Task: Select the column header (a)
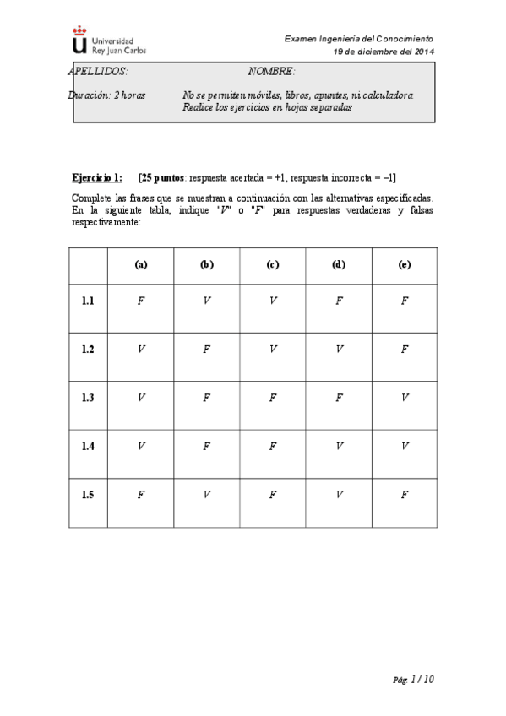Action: [x=140, y=264]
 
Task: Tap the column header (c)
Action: [x=272, y=264]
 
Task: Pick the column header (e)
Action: [x=404, y=264]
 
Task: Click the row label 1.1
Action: [x=88, y=301]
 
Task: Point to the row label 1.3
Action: [x=88, y=398]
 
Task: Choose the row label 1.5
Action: [x=88, y=495]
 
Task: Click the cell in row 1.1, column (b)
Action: [x=206, y=301]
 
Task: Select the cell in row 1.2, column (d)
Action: [x=338, y=349]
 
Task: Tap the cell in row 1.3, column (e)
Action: [x=404, y=398]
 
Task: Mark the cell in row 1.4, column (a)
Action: [x=140, y=446]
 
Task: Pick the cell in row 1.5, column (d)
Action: [x=338, y=495]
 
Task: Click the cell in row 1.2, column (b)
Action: [x=206, y=349]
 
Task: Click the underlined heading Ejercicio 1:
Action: [x=97, y=176]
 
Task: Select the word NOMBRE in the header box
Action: [x=271, y=72]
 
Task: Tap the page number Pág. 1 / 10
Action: [x=415, y=679]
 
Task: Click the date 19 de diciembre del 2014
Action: [x=384, y=51]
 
